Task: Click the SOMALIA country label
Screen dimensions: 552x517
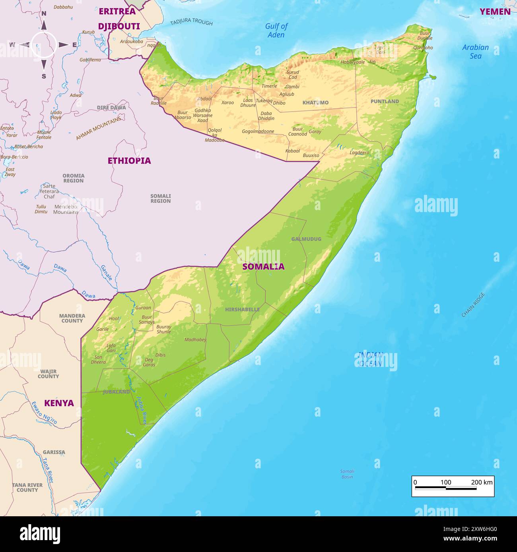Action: click(x=263, y=266)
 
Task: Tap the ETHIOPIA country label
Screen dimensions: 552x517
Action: click(x=129, y=160)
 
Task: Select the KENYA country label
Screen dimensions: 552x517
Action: click(x=59, y=403)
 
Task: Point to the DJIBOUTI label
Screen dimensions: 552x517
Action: click(x=119, y=26)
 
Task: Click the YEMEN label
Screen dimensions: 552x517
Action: click(x=495, y=12)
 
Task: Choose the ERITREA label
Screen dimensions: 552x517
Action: click(x=117, y=11)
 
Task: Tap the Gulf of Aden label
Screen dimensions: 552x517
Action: click(x=276, y=30)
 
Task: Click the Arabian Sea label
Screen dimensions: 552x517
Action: click(x=475, y=52)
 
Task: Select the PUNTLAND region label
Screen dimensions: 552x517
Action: click(x=385, y=101)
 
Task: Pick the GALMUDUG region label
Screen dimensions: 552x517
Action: click(x=306, y=239)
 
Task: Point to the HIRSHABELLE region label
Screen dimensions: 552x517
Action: click(x=242, y=309)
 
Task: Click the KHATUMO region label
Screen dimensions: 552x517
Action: click(x=315, y=102)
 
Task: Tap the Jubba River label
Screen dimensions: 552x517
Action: click(x=142, y=410)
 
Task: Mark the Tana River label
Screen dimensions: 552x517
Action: click(x=48, y=471)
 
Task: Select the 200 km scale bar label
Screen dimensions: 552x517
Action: click(x=482, y=482)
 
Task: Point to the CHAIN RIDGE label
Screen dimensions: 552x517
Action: click(x=473, y=305)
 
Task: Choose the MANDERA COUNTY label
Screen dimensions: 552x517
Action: click(x=72, y=318)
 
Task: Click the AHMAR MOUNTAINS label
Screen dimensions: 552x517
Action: click(x=99, y=128)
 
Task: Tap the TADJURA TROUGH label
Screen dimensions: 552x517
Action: click(x=191, y=22)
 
